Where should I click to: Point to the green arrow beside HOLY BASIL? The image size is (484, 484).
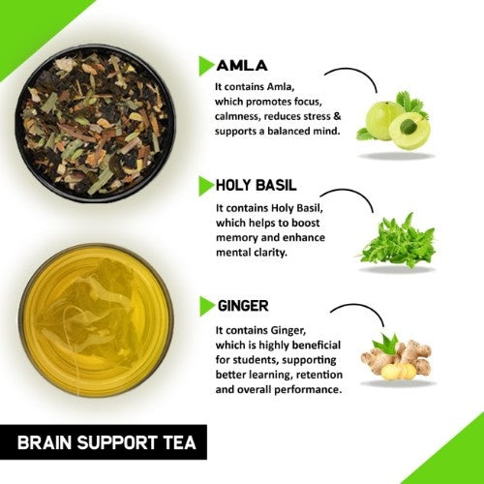(205, 184)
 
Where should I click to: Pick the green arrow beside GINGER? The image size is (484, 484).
(205, 305)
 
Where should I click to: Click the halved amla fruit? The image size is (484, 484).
(409, 131)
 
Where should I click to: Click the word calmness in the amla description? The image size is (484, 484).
(242, 116)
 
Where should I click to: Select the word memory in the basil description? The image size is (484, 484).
(238, 237)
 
